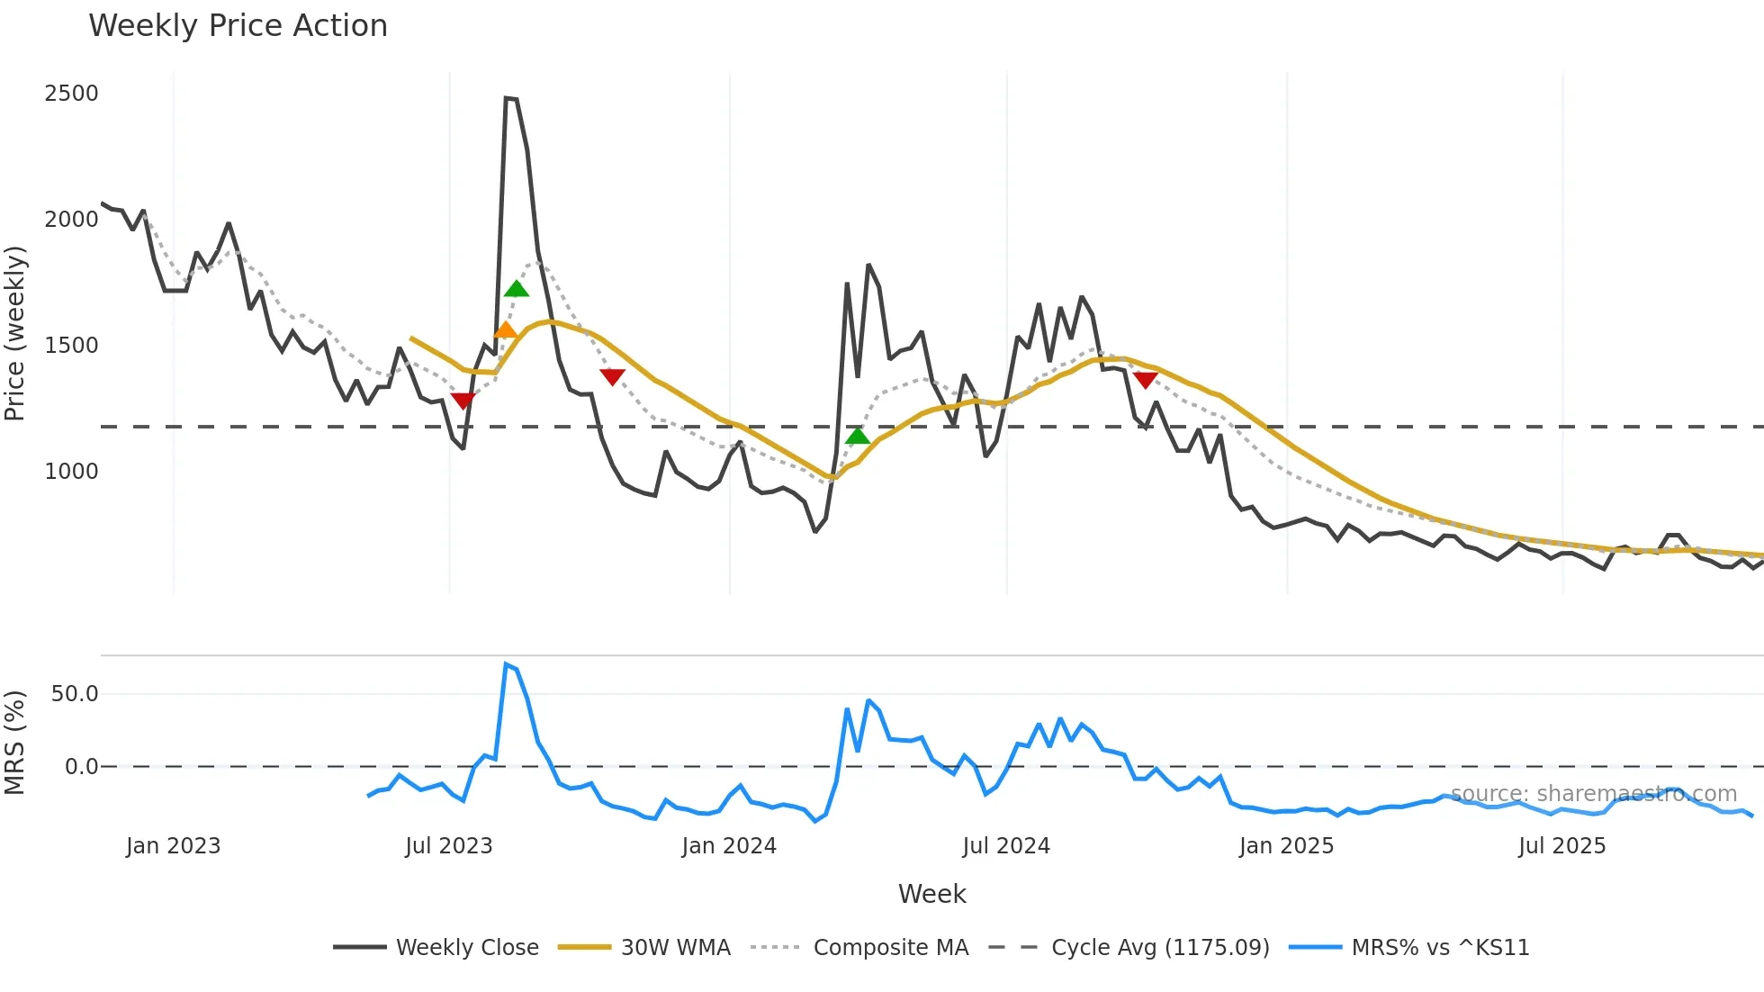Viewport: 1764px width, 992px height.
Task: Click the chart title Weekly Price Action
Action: pyautogui.click(x=238, y=26)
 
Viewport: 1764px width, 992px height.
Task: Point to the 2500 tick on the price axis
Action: pyautogui.click(x=71, y=94)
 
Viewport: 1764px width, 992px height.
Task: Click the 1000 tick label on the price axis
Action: pyautogui.click(x=71, y=472)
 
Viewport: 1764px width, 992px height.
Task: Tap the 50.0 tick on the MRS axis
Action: pyautogui.click(x=75, y=694)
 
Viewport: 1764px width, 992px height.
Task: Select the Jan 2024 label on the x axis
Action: pyautogui.click(x=729, y=846)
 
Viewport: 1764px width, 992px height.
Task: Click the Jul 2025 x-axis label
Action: pyautogui.click(x=1561, y=846)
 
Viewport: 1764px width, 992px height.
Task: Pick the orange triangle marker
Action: pyautogui.click(x=506, y=330)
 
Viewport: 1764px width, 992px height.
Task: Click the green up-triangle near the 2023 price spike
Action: pyautogui.click(x=517, y=289)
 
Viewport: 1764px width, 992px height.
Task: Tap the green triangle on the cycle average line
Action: pyautogui.click(x=858, y=437)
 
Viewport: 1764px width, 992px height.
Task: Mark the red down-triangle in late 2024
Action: pyautogui.click(x=1145, y=380)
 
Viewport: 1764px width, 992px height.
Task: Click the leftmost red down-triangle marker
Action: pyautogui.click(x=463, y=401)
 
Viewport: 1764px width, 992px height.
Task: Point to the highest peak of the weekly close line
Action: pyautogui.click(x=507, y=97)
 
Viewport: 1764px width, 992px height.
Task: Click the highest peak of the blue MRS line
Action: pyautogui.click(x=506, y=664)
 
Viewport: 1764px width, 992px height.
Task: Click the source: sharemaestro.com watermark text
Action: pyautogui.click(x=1593, y=794)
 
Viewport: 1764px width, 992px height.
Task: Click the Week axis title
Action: pyautogui.click(x=931, y=895)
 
